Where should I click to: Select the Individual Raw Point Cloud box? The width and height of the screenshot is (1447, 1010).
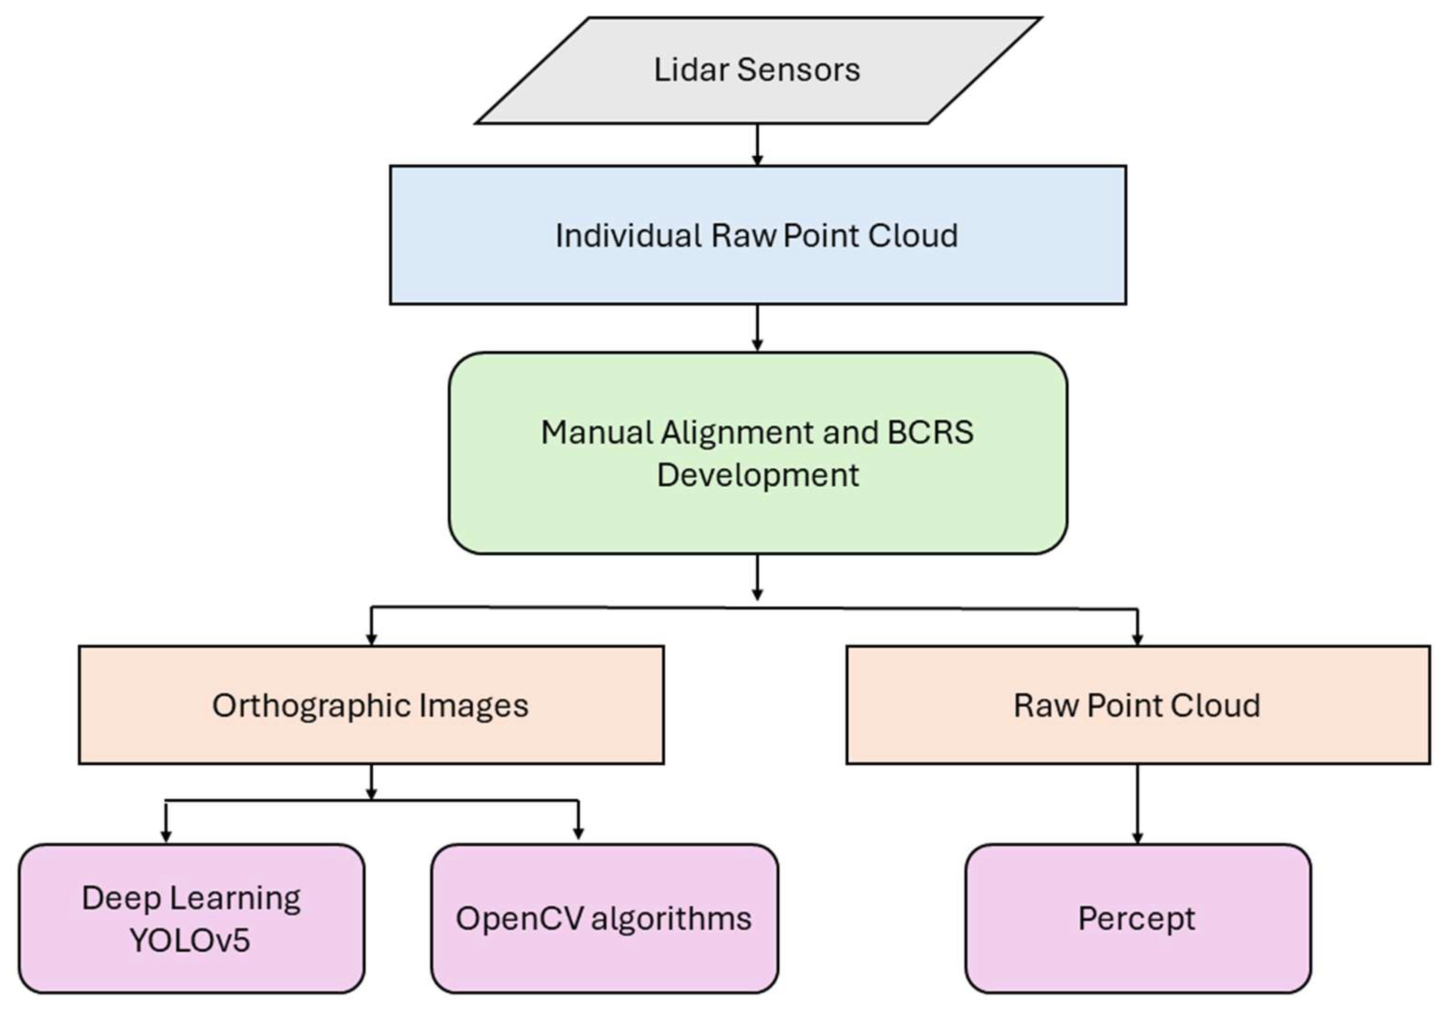click(x=756, y=235)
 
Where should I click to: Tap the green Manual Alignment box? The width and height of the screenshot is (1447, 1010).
click(x=756, y=453)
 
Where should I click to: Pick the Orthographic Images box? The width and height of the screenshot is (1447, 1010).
click(x=370, y=705)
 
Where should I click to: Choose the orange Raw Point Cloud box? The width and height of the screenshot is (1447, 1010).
click(x=1137, y=705)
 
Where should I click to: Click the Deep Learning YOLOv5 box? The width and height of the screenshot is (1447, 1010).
click(x=191, y=919)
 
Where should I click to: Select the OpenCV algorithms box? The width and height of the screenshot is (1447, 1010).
click(x=604, y=919)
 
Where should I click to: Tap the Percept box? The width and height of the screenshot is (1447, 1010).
click(x=1137, y=919)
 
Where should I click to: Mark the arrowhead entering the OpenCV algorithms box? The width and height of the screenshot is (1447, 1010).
click(x=578, y=833)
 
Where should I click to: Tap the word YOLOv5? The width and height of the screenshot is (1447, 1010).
click(x=190, y=940)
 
